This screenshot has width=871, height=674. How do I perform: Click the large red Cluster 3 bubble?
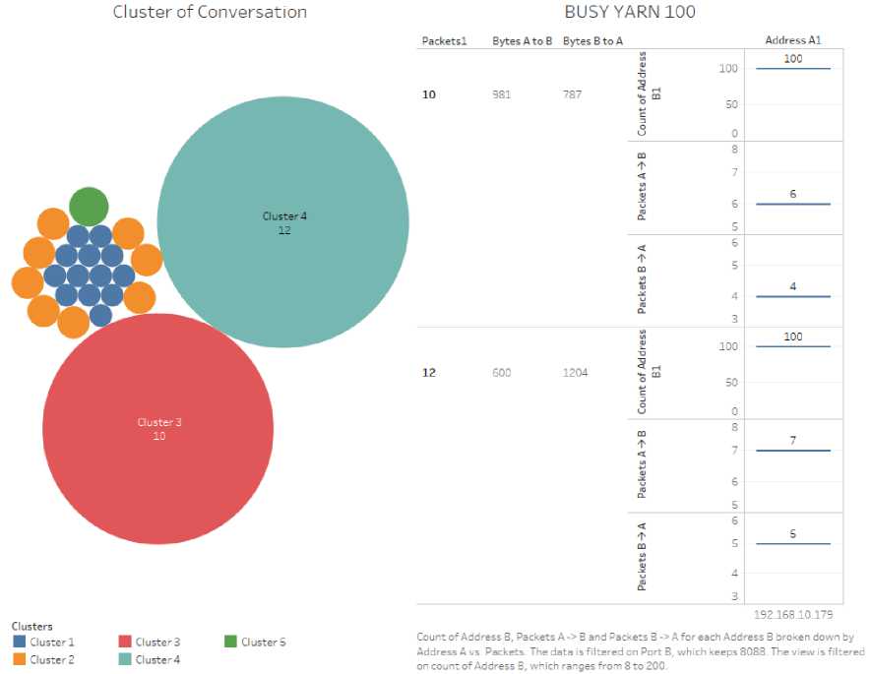[x=157, y=429]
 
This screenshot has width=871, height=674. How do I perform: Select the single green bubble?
[x=89, y=207]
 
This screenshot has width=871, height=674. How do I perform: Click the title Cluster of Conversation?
[x=210, y=13]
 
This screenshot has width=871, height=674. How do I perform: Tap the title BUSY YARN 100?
[x=630, y=13]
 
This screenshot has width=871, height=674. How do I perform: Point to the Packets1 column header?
[x=444, y=40]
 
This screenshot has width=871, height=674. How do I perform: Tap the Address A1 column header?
[x=792, y=40]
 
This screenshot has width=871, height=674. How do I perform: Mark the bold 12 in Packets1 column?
[x=429, y=373]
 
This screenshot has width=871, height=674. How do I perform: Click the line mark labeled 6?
[x=793, y=204]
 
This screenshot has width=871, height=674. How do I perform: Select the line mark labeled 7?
[x=793, y=451]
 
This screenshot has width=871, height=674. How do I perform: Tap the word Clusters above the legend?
[x=32, y=626]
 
